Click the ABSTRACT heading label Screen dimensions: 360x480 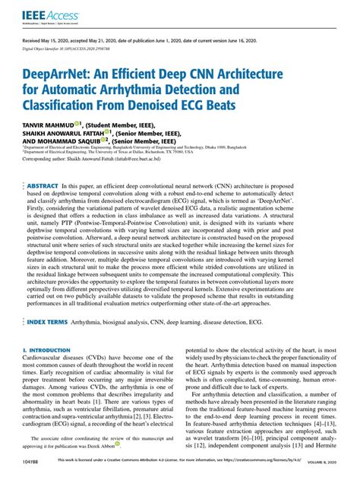(x=44, y=186)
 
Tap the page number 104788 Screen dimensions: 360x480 (x=32, y=472)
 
